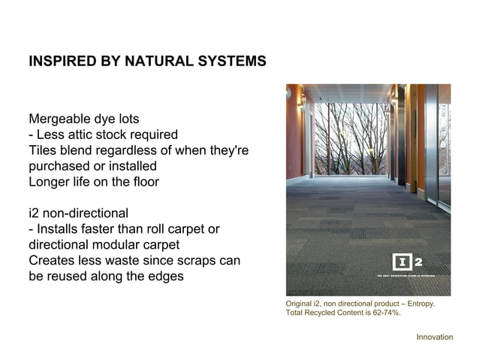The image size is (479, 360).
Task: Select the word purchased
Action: click(x=59, y=166)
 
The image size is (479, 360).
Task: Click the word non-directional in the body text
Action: click(x=87, y=213)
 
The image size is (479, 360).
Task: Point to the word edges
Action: click(x=164, y=277)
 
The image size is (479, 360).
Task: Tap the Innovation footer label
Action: click(x=435, y=337)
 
